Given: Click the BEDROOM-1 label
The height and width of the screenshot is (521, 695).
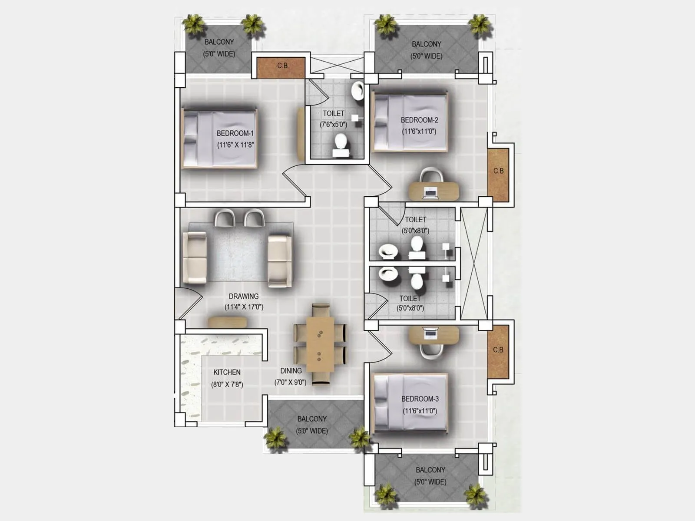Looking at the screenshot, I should click(x=235, y=133).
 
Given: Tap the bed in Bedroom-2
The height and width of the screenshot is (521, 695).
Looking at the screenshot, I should click(x=410, y=122).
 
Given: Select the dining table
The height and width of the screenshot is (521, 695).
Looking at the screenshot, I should click(x=320, y=345).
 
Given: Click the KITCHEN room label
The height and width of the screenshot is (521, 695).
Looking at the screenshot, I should click(x=227, y=373).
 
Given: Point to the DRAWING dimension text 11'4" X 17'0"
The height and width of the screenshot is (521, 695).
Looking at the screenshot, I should click(x=244, y=307).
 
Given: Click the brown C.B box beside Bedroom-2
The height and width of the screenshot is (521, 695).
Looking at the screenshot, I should click(x=498, y=175).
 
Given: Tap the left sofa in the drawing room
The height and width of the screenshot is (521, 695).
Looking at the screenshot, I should click(x=195, y=258).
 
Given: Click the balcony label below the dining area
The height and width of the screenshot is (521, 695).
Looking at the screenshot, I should click(x=312, y=419).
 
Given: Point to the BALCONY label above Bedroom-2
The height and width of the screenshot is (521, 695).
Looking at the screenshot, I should click(x=426, y=44).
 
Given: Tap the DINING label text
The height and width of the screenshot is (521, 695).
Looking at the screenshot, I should click(x=291, y=371).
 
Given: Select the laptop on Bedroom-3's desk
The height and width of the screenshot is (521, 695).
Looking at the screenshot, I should click(x=431, y=333).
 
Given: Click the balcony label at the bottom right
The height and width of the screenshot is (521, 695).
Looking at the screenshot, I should click(x=430, y=470).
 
